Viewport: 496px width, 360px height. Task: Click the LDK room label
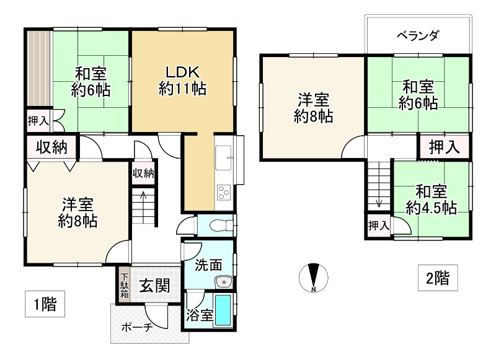pos(182,79)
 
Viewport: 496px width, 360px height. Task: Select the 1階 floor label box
pos(45,304)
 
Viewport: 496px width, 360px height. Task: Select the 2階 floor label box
pos(437,278)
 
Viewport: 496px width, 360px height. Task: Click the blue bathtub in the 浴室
pos(224,310)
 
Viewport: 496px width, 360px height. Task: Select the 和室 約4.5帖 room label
pos(432,199)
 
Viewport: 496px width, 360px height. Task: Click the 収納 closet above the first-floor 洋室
pos(51,147)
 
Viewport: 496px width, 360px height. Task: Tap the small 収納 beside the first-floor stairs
pos(143,173)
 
